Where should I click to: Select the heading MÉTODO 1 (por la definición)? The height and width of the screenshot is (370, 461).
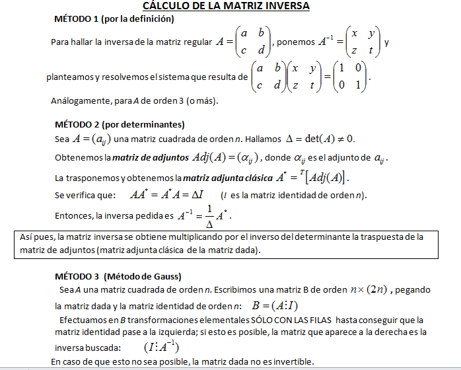(114, 18)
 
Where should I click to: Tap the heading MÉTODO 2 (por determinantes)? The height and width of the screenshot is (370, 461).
(119, 124)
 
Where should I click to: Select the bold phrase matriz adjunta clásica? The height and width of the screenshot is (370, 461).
(223, 178)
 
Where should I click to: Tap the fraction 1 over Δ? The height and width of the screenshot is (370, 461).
(209, 215)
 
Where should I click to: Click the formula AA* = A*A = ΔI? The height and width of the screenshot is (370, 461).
(168, 196)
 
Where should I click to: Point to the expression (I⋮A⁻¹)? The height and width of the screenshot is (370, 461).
(161, 348)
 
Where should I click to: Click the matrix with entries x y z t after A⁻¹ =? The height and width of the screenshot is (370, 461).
(363, 42)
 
